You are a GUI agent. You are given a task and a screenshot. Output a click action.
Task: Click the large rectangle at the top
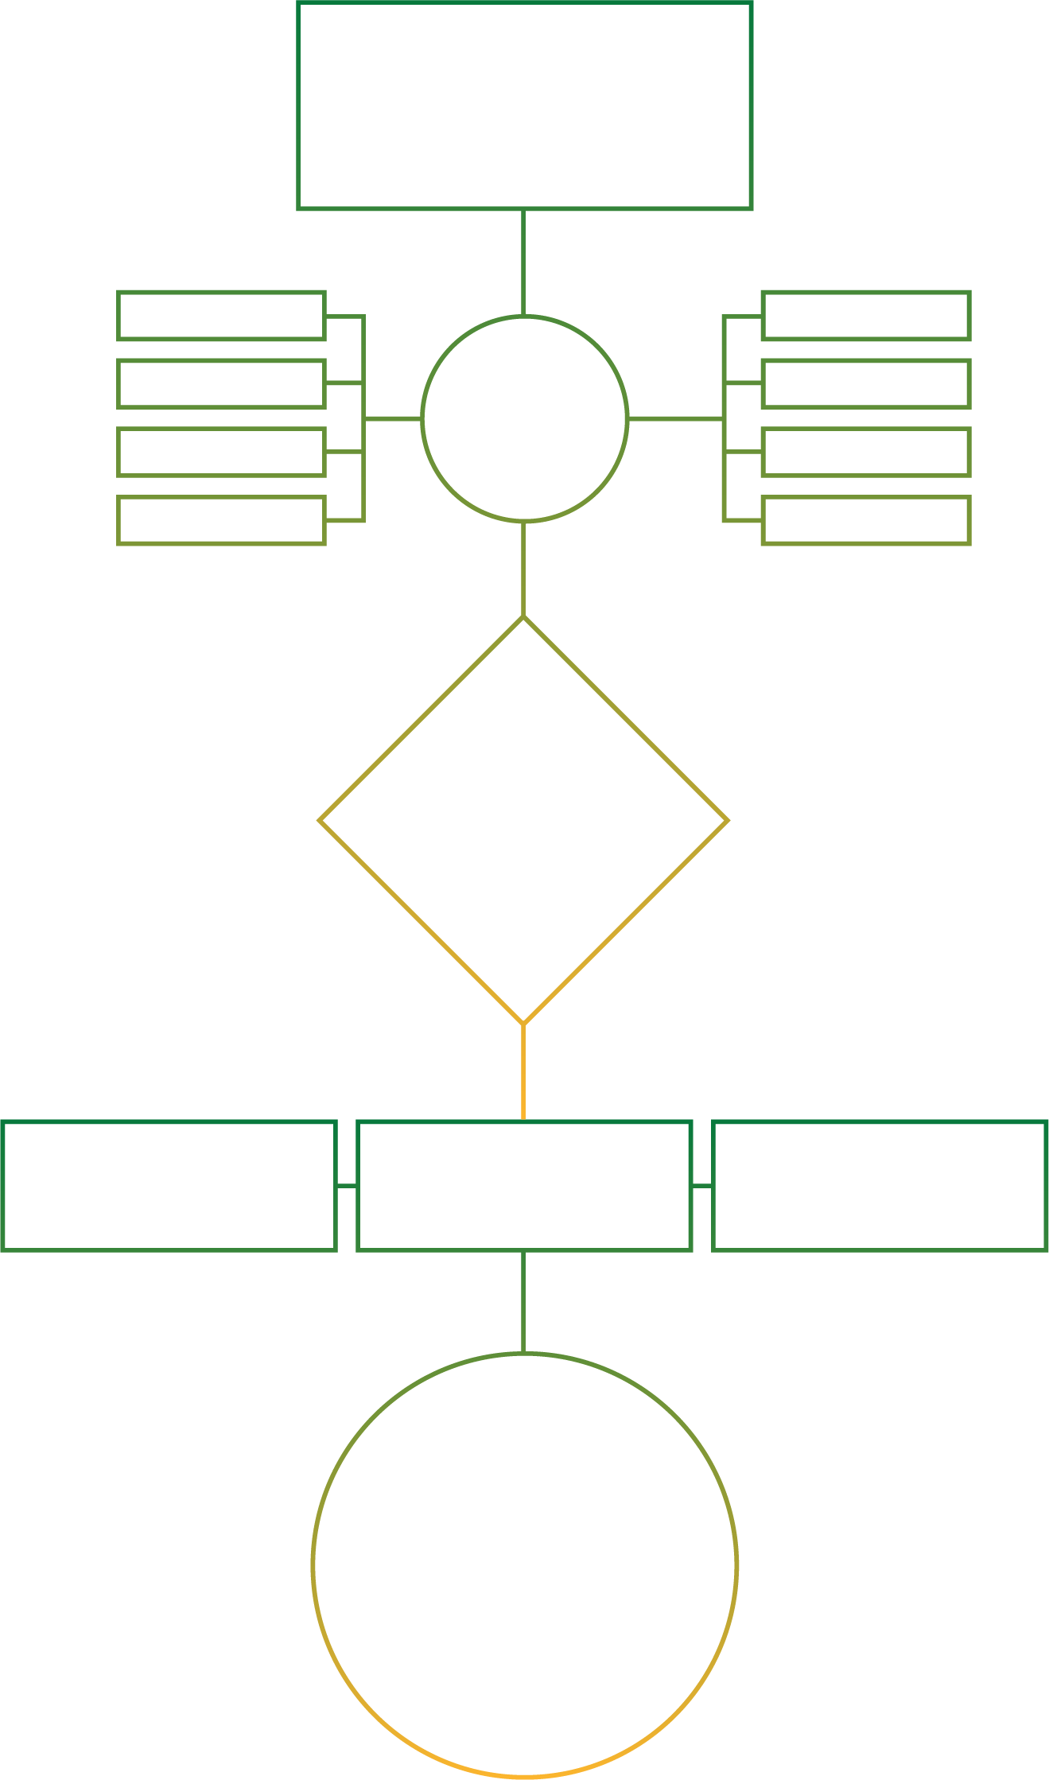click(524, 106)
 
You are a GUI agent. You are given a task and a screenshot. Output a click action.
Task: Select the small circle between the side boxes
click(524, 419)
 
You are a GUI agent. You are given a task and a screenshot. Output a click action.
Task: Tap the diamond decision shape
click(523, 820)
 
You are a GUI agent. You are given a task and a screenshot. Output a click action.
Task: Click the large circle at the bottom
click(524, 1564)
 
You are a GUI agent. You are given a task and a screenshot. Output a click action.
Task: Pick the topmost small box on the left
click(221, 316)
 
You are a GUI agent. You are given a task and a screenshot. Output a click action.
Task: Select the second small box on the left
click(221, 383)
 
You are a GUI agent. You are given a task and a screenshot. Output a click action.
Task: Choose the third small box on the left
click(221, 452)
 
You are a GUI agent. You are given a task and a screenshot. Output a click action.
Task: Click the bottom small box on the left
click(221, 520)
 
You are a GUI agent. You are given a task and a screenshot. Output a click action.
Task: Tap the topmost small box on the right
click(865, 316)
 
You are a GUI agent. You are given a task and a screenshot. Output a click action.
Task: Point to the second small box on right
click(865, 383)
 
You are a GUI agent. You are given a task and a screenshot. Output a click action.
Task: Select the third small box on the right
click(865, 452)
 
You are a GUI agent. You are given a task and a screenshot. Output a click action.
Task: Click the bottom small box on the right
click(865, 520)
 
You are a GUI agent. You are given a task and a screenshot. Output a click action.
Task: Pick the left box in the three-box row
click(169, 1185)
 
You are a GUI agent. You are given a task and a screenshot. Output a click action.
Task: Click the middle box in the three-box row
click(524, 1185)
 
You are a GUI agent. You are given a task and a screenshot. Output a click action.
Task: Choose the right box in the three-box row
click(879, 1185)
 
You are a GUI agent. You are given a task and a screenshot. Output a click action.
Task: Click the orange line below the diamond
click(523, 1072)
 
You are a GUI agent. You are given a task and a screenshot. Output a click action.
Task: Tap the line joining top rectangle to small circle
click(523, 262)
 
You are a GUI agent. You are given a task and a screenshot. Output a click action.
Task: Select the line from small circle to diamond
click(523, 569)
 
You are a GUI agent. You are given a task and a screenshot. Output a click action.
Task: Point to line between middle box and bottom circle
click(523, 1301)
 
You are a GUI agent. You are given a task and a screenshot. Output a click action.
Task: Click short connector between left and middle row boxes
click(347, 1185)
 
